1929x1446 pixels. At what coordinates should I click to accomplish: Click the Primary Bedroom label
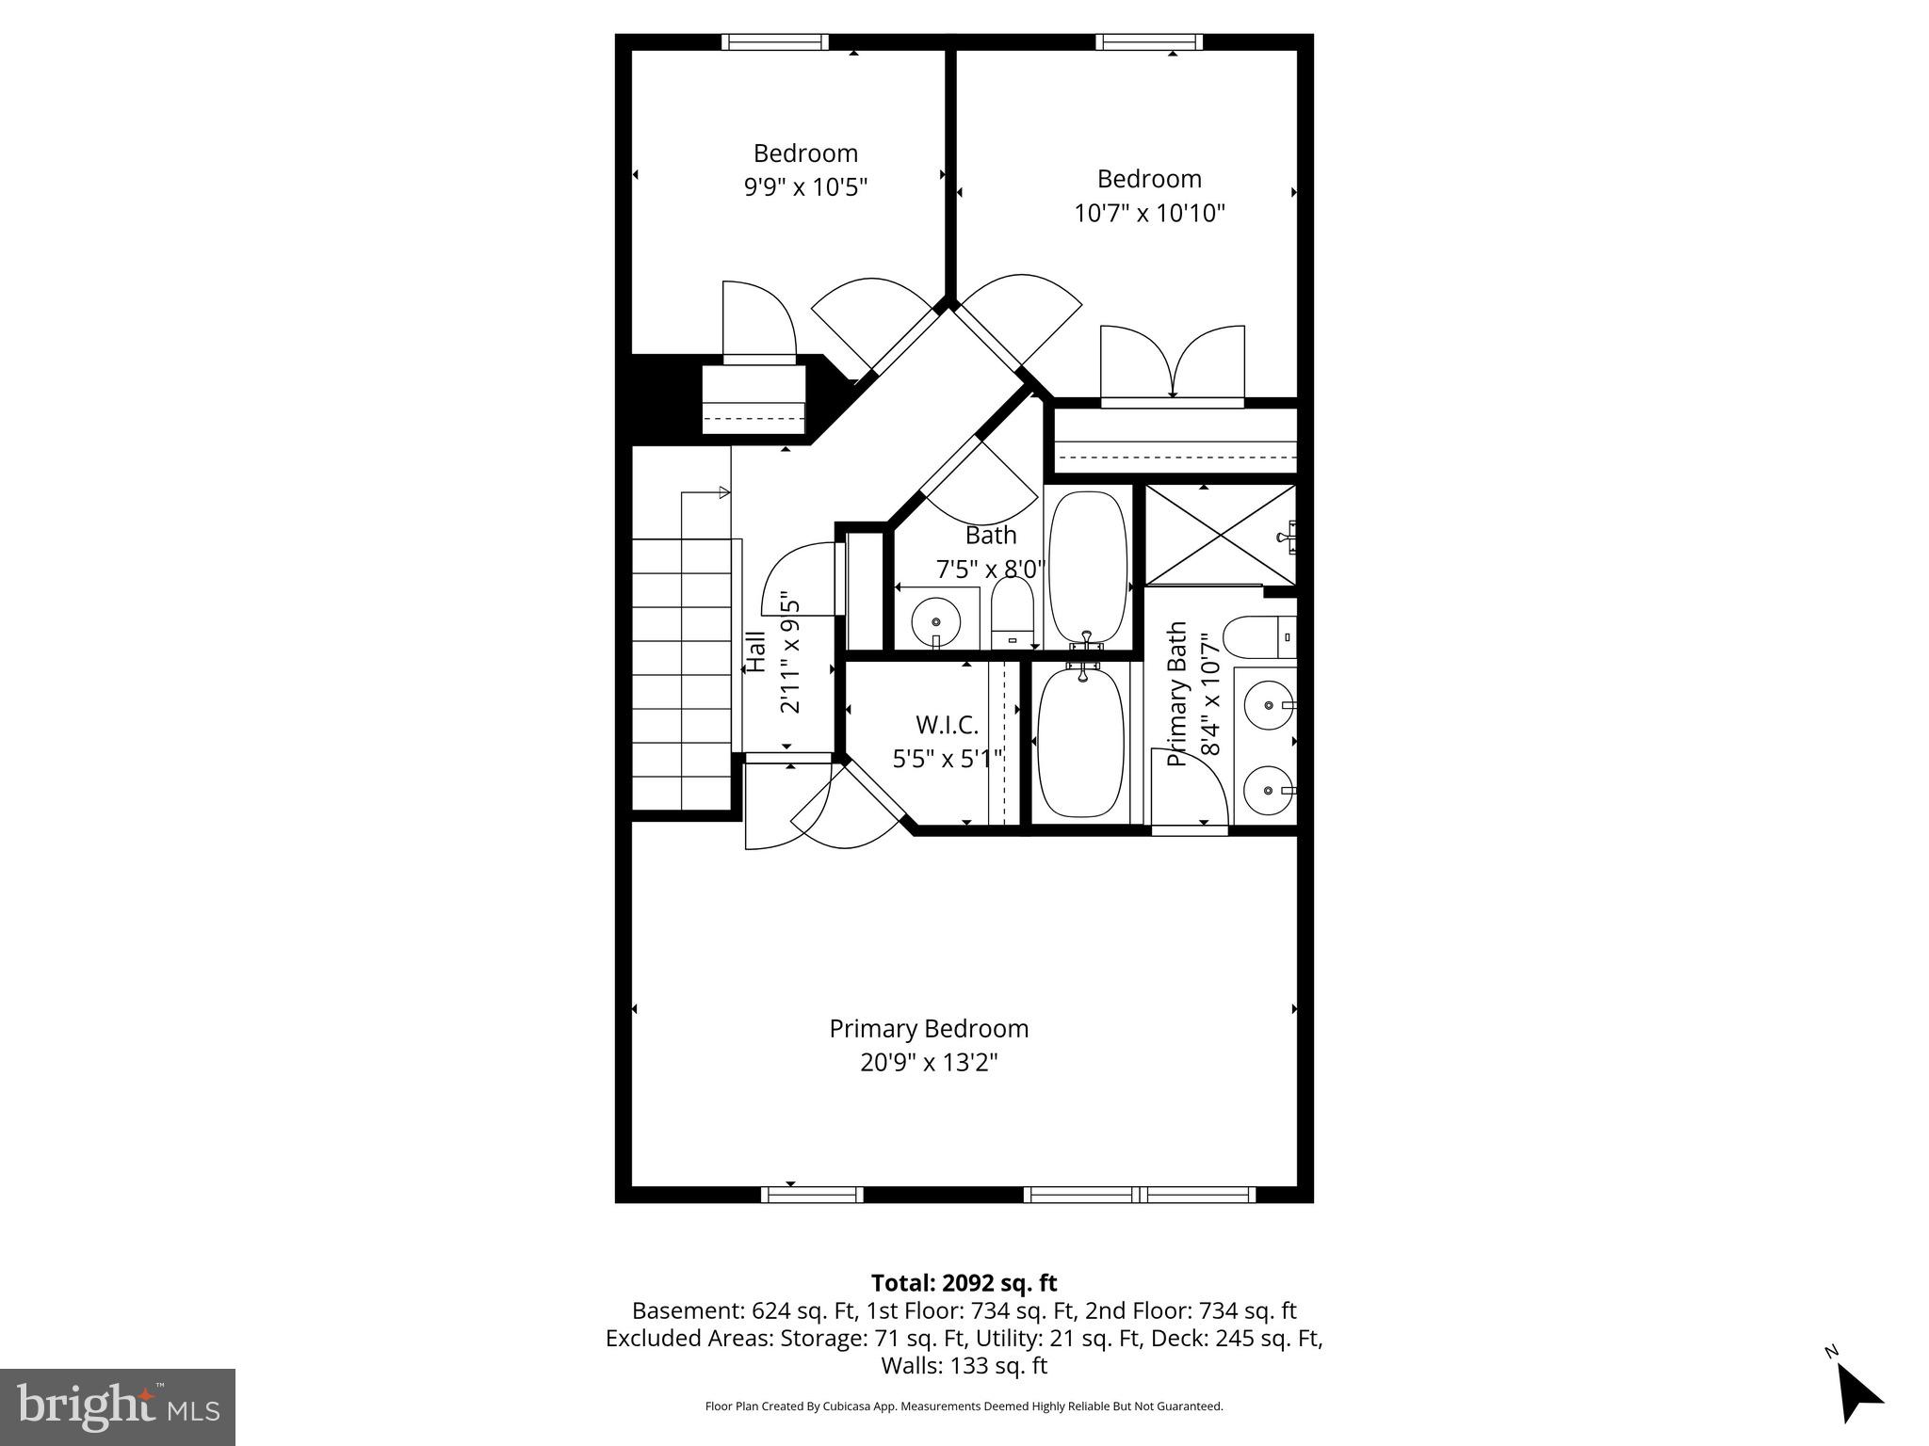(x=929, y=1029)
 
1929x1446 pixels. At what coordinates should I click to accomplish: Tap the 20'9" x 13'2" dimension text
(x=929, y=1063)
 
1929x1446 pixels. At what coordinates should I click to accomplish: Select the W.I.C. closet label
(x=947, y=725)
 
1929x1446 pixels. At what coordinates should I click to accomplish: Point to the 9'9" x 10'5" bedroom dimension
(x=805, y=187)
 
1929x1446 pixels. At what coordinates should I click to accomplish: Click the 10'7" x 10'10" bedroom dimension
(x=1149, y=213)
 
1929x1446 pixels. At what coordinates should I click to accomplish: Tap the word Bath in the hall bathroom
(x=991, y=535)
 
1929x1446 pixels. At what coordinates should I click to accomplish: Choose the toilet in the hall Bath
(x=1013, y=612)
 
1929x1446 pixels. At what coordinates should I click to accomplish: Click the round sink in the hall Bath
(x=935, y=621)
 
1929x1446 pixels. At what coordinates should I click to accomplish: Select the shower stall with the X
(x=1219, y=535)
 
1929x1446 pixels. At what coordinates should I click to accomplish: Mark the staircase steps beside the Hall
(x=681, y=673)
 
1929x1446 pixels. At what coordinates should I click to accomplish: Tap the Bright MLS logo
(x=118, y=1406)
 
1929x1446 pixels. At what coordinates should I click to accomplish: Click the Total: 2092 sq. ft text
(x=964, y=1283)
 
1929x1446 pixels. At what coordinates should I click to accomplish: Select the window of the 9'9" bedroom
(x=775, y=41)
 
